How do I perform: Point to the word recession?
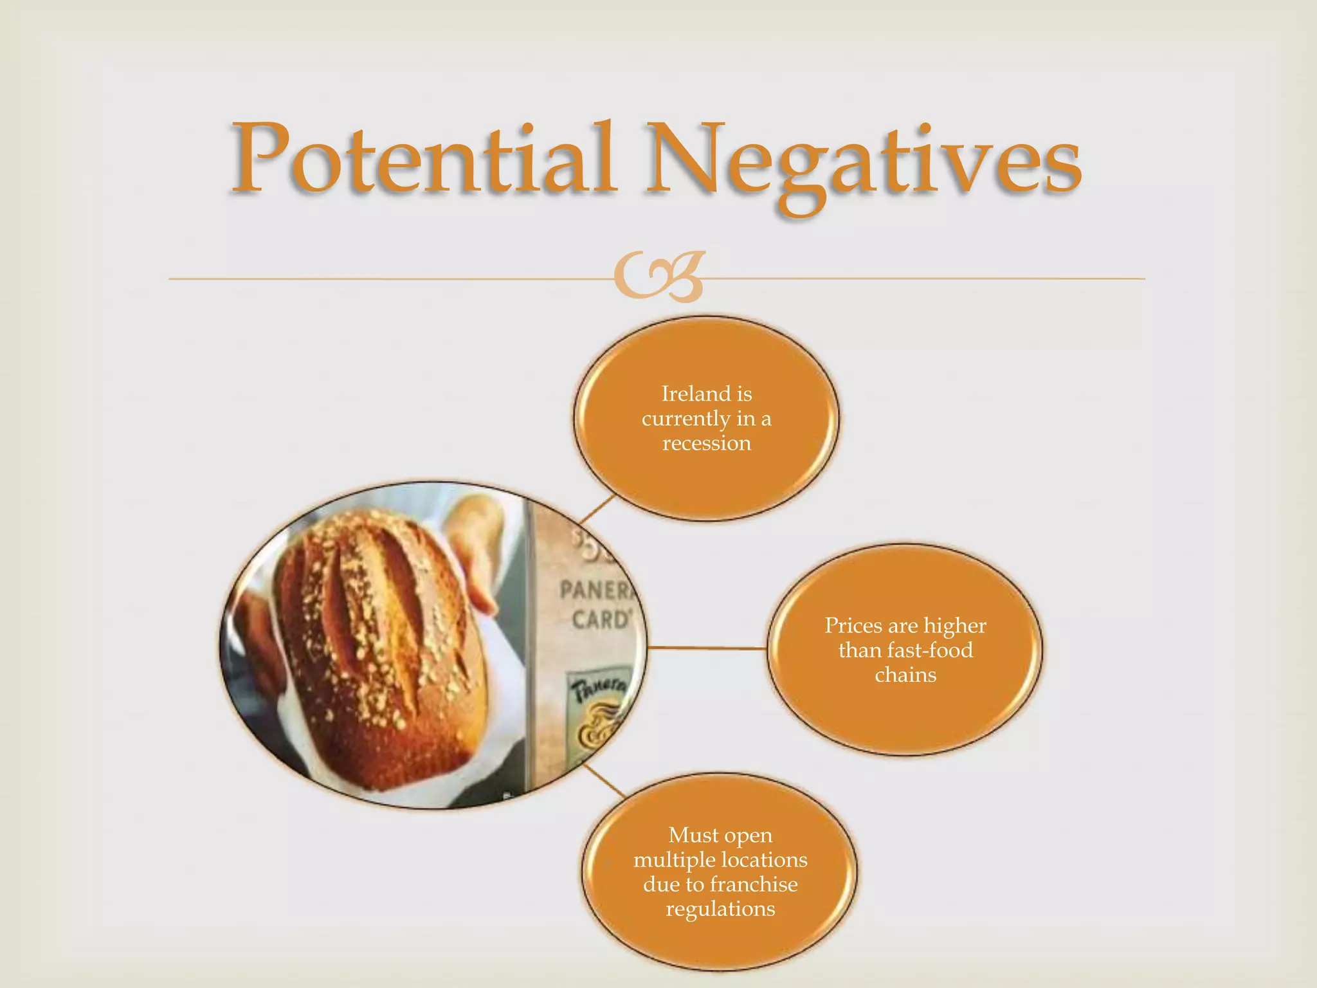(x=707, y=443)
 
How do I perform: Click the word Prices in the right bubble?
(x=853, y=625)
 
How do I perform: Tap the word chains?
(x=905, y=675)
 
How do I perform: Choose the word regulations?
(x=720, y=909)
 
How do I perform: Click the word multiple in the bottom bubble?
(x=674, y=860)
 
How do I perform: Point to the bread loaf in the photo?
(x=379, y=650)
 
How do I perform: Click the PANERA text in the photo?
(x=595, y=590)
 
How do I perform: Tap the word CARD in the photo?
(x=601, y=620)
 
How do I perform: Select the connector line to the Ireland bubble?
(x=597, y=509)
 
